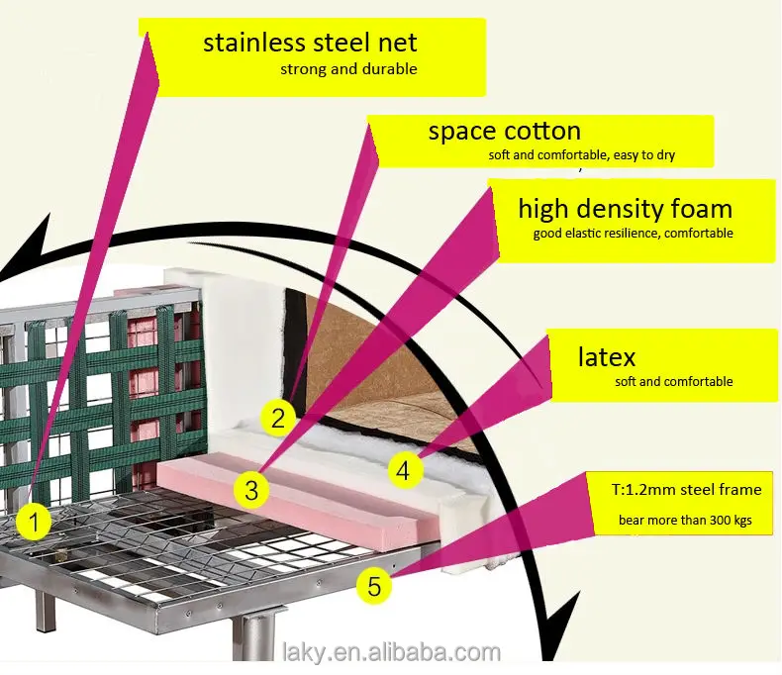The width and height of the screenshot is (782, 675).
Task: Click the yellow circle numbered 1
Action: click(x=35, y=522)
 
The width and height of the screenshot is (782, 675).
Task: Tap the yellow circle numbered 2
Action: click(x=278, y=418)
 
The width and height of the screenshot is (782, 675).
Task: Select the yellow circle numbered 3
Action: click(x=251, y=488)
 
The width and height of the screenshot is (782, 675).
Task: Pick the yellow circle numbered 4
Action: click(x=402, y=470)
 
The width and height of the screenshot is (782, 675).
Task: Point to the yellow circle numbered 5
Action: click(x=373, y=586)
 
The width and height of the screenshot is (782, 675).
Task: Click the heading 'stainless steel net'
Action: click(x=310, y=43)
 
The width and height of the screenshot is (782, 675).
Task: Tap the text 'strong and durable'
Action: click(x=348, y=69)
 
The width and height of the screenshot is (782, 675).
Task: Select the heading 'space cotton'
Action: click(x=504, y=131)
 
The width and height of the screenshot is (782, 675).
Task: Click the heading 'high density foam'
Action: click(x=625, y=209)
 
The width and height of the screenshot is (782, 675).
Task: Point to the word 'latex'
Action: click(x=607, y=356)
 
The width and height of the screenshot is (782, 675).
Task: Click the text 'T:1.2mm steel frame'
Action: click(x=686, y=489)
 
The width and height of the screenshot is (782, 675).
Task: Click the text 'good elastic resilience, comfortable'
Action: click(x=634, y=234)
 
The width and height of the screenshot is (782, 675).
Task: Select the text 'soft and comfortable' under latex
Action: click(x=673, y=381)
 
